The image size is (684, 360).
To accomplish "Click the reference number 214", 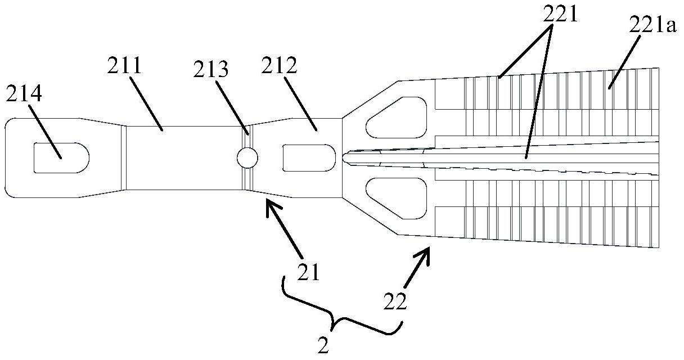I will pyautogui.click(x=24, y=96).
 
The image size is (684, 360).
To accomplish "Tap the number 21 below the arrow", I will pyautogui.click(x=308, y=273).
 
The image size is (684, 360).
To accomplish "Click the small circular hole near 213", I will pyautogui.click(x=247, y=157).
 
